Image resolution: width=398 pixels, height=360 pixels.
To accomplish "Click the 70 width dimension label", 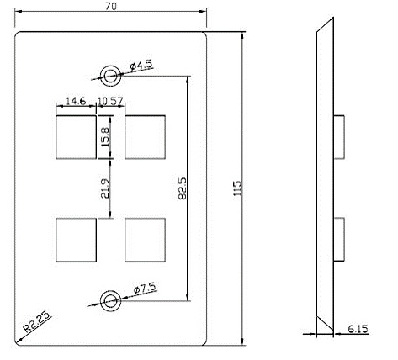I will click(110, 7).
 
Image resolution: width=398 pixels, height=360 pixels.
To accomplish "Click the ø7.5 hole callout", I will click(143, 289).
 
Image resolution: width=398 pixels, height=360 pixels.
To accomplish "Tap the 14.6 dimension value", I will click(76, 101).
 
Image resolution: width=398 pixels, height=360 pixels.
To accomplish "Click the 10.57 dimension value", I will click(111, 101).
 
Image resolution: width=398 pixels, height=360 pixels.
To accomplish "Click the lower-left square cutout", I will click(75, 240).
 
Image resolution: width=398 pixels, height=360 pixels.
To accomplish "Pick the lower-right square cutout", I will click(144, 240).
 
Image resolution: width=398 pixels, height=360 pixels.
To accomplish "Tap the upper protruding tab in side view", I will click(337, 137).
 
